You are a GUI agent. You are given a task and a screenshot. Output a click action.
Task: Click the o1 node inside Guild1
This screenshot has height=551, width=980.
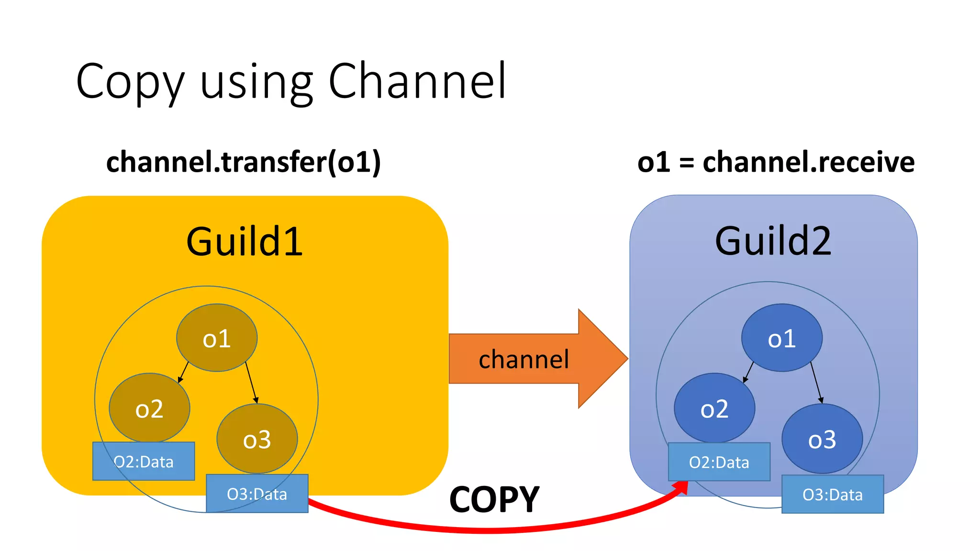point(217,338)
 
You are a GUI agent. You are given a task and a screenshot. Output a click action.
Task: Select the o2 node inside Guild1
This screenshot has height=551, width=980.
point(149,408)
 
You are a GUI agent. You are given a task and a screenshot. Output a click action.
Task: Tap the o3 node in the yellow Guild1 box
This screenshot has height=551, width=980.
point(257,439)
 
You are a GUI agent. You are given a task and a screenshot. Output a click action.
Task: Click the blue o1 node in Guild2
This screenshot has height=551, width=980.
point(781,338)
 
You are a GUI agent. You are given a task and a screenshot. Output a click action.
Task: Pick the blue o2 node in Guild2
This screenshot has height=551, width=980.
point(714,408)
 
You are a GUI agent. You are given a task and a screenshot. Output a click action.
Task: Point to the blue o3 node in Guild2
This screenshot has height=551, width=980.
point(822,439)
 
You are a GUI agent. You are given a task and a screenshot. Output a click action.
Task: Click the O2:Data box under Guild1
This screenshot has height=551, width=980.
point(144,462)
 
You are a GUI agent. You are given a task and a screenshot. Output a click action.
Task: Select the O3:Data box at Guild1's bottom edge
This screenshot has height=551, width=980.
point(257,494)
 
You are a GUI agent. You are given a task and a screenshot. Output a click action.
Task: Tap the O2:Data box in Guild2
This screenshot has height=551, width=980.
point(719,462)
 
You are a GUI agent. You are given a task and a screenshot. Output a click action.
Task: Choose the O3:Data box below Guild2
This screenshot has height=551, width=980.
point(832,494)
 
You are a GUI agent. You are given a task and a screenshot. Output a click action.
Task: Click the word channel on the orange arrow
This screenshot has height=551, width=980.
point(523,359)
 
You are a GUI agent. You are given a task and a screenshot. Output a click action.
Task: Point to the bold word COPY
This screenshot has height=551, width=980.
point(494,500)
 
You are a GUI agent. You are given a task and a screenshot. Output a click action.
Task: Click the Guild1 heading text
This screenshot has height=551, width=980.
point(244,242)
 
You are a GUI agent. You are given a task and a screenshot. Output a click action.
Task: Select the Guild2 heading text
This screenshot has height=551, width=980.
point(773,241)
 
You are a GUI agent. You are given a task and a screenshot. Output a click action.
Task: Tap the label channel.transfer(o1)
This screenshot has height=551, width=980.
point(243,162)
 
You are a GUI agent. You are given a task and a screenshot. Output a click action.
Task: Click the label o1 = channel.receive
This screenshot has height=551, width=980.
point(776,162)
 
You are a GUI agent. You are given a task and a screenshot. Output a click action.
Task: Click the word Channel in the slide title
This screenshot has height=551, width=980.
point(417,81)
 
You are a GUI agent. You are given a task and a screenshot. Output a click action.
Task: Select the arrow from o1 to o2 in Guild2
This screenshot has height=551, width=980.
point(748,373)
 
